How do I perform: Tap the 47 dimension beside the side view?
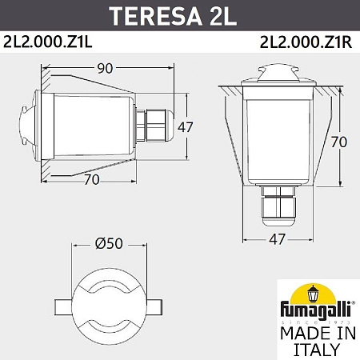coord(185,126)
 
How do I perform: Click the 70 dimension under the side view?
coord(91,180)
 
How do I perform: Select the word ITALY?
coord(312,350)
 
